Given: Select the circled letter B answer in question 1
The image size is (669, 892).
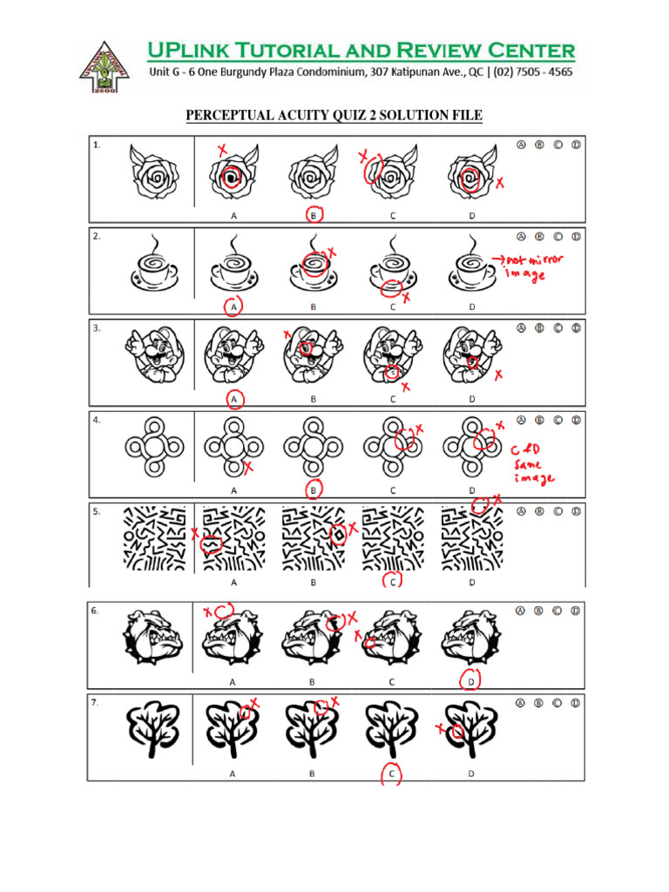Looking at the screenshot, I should tap(314, 213).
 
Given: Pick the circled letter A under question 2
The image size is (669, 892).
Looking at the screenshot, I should tap(233, 307).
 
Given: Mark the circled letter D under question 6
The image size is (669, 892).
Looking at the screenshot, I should tap(471, 681).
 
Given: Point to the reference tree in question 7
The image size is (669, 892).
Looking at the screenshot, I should tap(154, 731).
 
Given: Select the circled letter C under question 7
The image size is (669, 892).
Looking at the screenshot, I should tap(393, 773).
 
